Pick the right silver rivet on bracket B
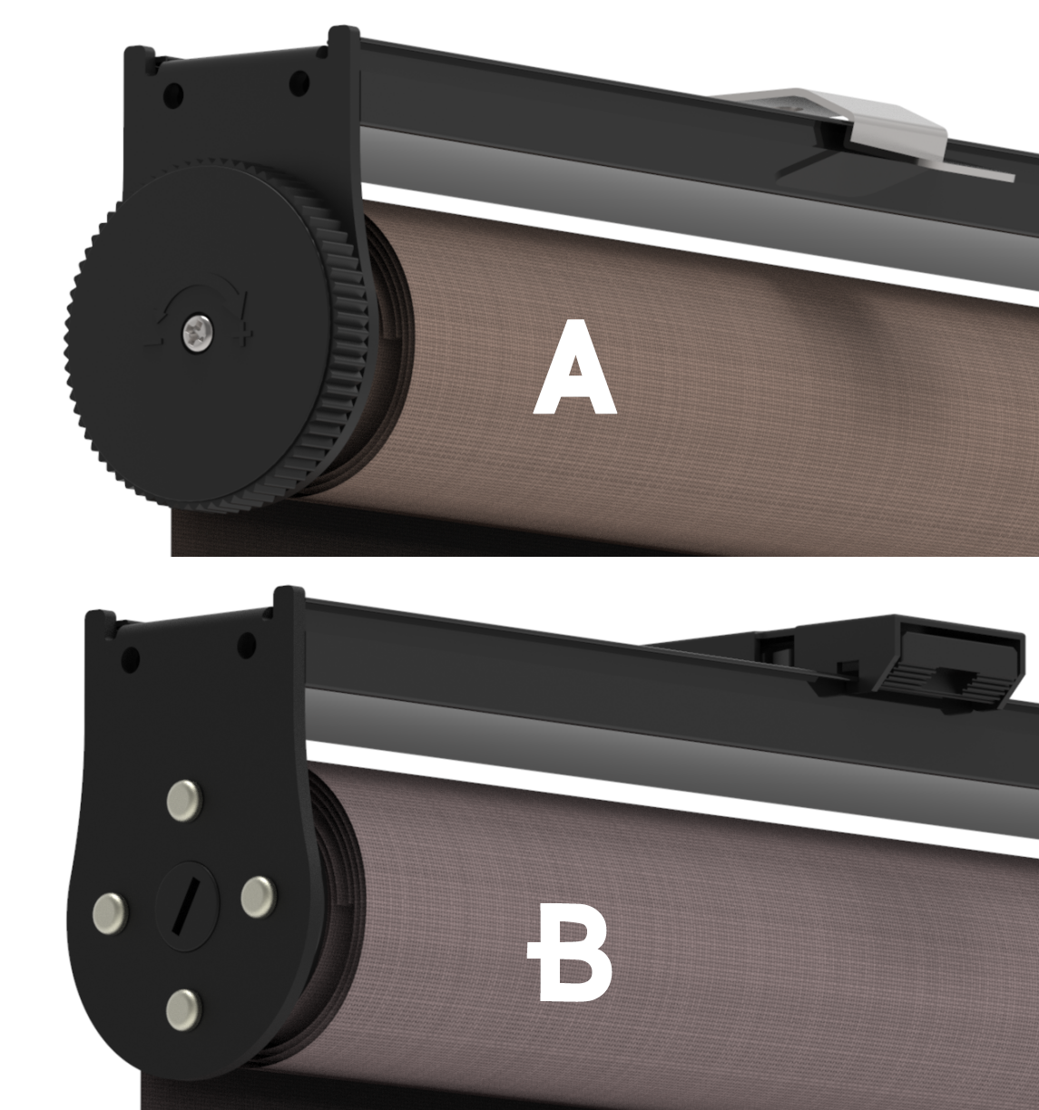pos(258,895)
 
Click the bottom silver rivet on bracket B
pos(184,1005)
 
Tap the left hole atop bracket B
pos(130,655)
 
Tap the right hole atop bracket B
pos(245,646)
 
